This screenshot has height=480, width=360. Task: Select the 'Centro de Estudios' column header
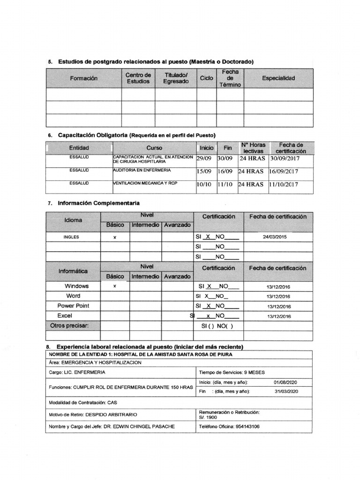point(138,78)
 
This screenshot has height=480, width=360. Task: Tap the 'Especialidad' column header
point(278,78)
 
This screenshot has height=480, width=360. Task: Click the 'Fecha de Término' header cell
point(230,78)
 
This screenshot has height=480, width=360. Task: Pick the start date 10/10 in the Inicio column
point(204,185)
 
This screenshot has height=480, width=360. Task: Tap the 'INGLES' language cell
point(71,237)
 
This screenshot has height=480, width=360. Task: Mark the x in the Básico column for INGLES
point(115,238)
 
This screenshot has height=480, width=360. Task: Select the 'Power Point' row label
point(73,306)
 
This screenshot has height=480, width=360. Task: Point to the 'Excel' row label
point(65,315)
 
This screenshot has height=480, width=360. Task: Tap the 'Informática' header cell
point(73,271)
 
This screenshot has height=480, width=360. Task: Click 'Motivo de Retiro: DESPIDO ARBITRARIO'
point(93,414)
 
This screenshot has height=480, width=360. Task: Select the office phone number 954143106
point(248,427)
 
